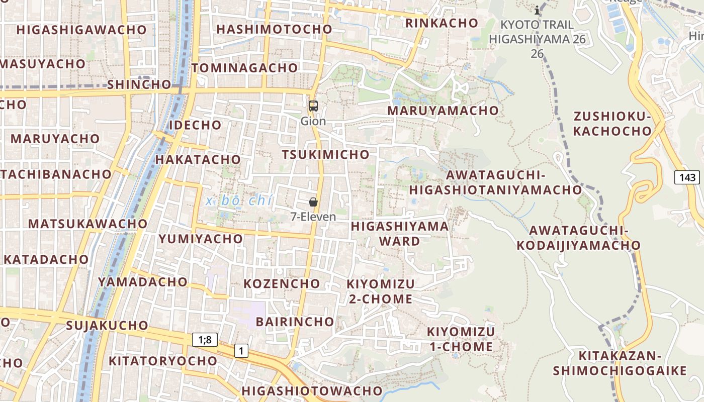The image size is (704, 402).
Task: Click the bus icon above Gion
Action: [313, 106]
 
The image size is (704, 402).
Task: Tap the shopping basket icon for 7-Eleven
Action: [313, 202]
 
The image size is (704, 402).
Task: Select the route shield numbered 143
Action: [687, 177]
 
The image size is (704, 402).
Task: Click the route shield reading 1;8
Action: [205, 340]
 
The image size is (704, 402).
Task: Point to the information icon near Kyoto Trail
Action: [537, 10]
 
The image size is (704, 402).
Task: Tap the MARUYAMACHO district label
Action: [443, 111]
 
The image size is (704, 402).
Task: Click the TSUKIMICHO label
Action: [325, 155]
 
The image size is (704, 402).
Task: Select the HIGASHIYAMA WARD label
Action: [400, 233]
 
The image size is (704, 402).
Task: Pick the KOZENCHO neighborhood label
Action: [282, 283]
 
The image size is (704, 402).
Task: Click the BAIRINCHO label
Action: [295, 322]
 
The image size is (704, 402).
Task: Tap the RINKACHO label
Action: [442, 23]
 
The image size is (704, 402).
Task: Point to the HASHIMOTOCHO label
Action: [274, 29]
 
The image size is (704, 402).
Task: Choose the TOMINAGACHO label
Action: [244, 68]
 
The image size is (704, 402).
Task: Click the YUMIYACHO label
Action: [201, 239]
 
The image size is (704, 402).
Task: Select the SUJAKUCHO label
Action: [107, 325]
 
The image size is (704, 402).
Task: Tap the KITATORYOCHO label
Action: [163, 361]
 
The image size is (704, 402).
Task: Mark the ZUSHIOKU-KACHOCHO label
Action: [612, 124]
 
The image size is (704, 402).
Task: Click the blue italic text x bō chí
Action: [239, 201]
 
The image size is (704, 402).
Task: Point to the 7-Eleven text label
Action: [313, 217]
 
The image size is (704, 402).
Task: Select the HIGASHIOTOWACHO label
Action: [312, 390]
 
